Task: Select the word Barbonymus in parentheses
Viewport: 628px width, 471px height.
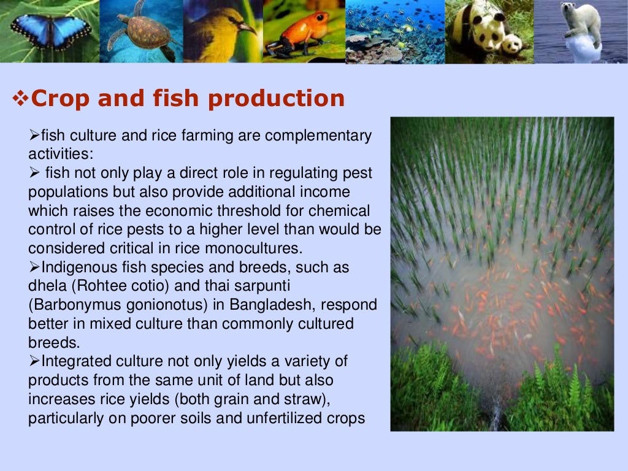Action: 75,305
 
